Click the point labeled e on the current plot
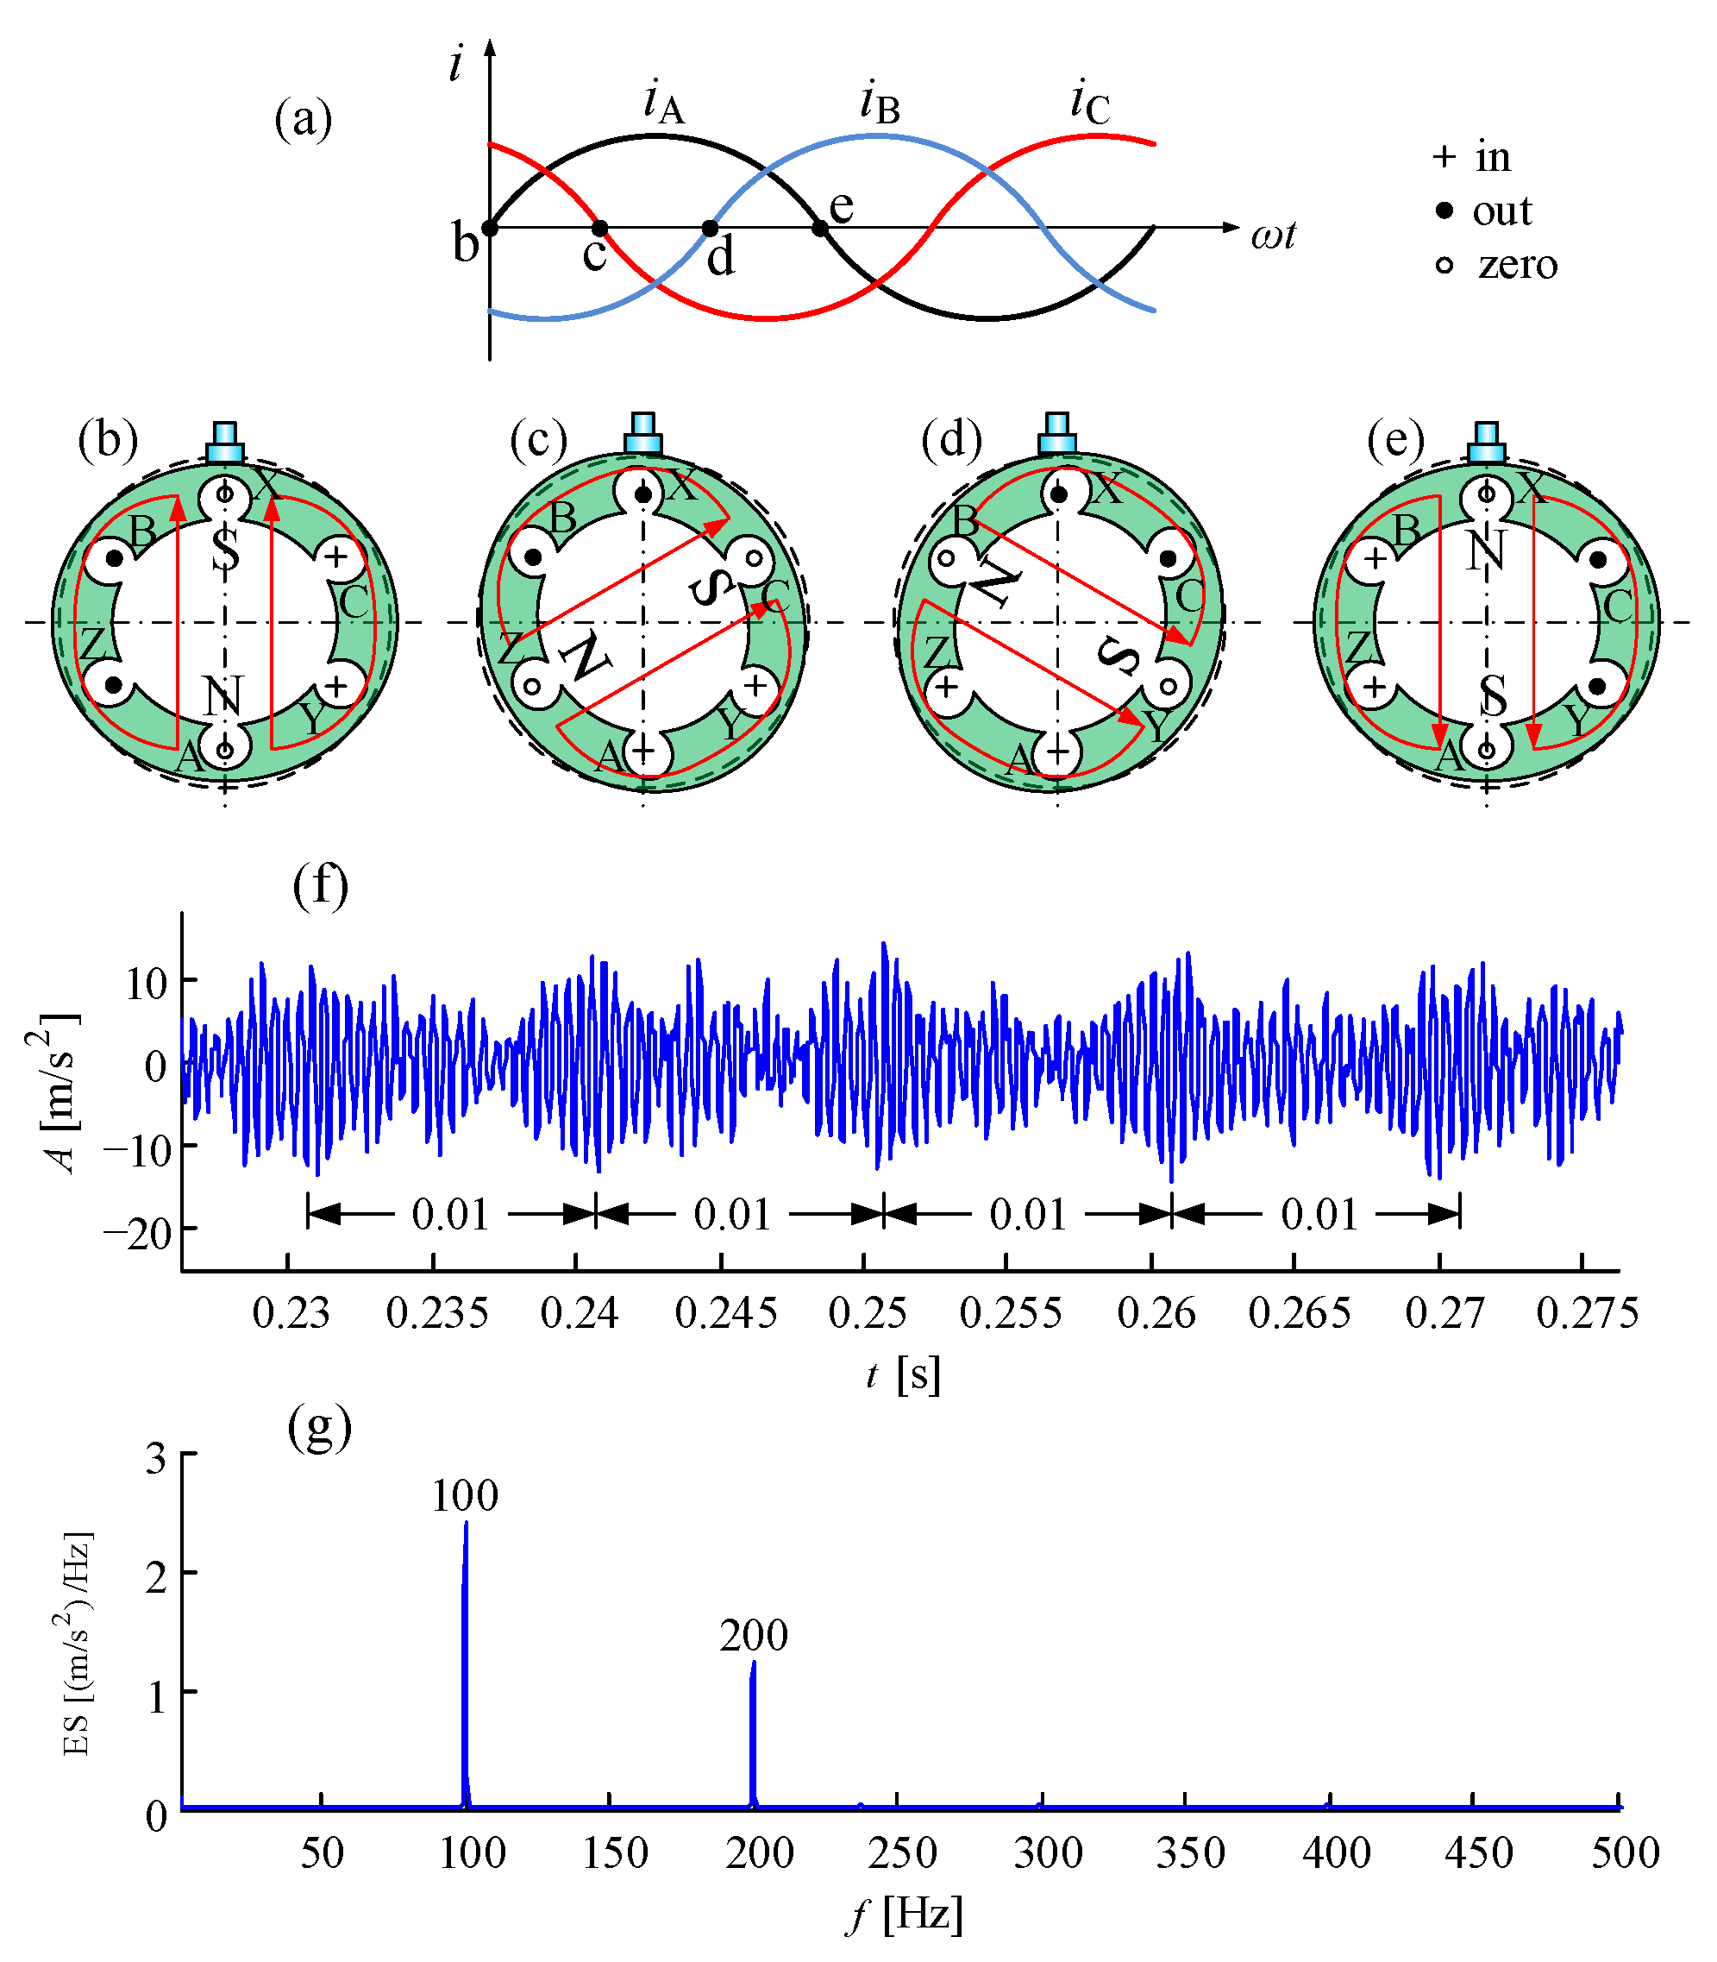pyautogui.click(x=820, y=228)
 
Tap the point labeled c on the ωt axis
pyautogui.click(x=598, y=228)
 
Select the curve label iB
pyautogui.click(x=880, y=104)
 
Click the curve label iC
pyautogui.click(x=1089, y=104)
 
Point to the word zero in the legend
pyautogui.click(x=1517, y=263)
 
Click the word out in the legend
pyautogui.click(x=1501, y=211)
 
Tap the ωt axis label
pyautogui.click(x=1272, y=234)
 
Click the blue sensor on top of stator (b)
pyautogui.click(x=225, y=443)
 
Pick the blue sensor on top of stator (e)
pyautogui.click(x=1486, y=443)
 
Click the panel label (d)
pyautogui.click(x=951, y=440)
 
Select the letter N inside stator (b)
pyautogui.click(x=222, y=697)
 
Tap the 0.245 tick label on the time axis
pyautogui.click(x=725, y=1312)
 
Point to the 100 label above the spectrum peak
pyautogui.click(x=465, y=1495)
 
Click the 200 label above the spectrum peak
pyautogui.click(x=754, y=1635)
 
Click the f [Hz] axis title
pyautogui.click(x=904, y=1915)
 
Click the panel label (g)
pyautogui.click(x=319, y=1427)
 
